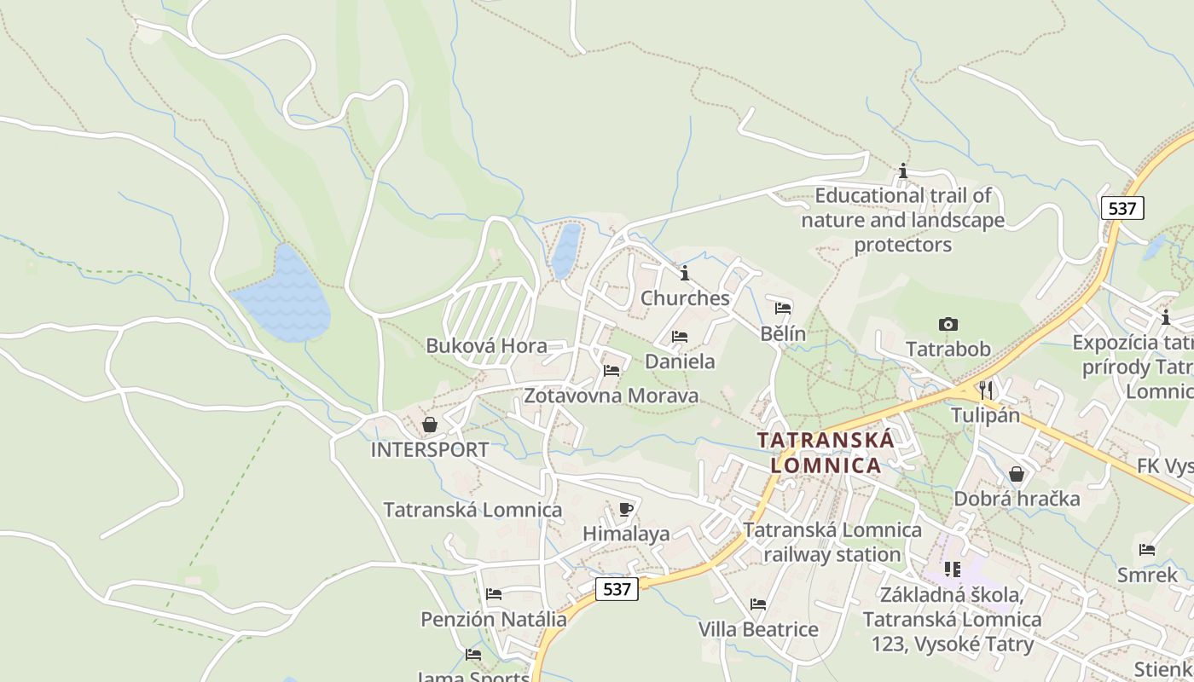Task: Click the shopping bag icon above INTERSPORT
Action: (x=430, y=425)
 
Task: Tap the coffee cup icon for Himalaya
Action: (x=626, y=509)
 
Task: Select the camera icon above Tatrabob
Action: (x=948, y=324)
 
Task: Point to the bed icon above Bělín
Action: (x=783, y=308)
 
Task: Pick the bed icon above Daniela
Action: (x=680, y=337)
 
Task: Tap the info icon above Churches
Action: (x=685, y=273)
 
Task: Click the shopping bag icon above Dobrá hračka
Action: (x=1017, y=474)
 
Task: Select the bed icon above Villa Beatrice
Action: (x=758, y=604)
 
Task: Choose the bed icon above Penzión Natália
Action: (x=494, y=594)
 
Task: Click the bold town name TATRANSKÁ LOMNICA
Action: (x=826, y=453)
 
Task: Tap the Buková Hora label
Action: (x=486, y=346)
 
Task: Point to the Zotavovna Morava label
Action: (x=611, y=396)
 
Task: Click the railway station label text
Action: (x=832, y=542)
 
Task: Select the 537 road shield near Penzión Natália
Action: (x=617, y=589)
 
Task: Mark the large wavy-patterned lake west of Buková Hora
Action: (x=284, y=298)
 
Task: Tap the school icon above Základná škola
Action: (x=952, y=569)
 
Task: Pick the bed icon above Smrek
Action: (x=1147, y=550)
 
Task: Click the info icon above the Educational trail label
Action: (x=903, y=171)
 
